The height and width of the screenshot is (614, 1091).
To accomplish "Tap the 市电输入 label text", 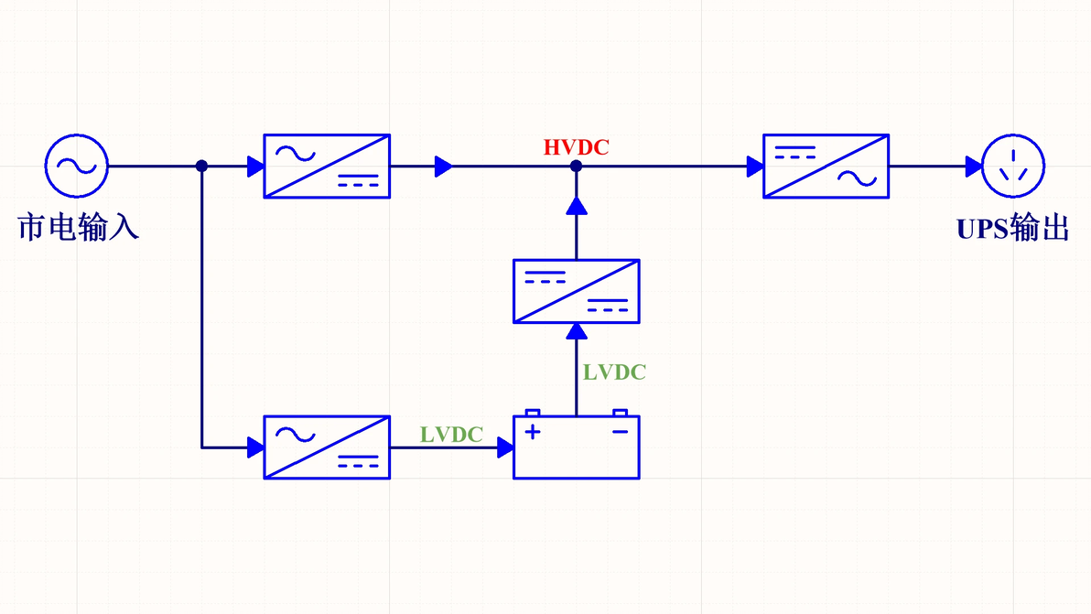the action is (78, 228).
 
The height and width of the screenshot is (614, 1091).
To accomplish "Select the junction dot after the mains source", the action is (201, 167).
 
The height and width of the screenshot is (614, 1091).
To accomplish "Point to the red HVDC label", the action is (576, 147).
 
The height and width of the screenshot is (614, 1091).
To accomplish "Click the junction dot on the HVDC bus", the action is (576, 167).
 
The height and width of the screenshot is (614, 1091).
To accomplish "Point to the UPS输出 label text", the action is (1013, 229).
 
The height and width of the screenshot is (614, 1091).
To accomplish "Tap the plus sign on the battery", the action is (533, 432).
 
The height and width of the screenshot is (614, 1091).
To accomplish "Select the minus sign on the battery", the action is (620, 432).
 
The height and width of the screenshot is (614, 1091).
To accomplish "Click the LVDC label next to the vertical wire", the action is (614, 372).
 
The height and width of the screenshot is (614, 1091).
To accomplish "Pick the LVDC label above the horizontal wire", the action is (451, 435).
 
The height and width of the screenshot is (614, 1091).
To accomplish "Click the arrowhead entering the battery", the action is (506, 447).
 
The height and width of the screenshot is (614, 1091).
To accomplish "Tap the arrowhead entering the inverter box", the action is (755, 167).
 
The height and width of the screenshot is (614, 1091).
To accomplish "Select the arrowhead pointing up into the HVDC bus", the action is (576, 205).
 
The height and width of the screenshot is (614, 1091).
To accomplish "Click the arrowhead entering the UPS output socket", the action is (974, 167).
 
